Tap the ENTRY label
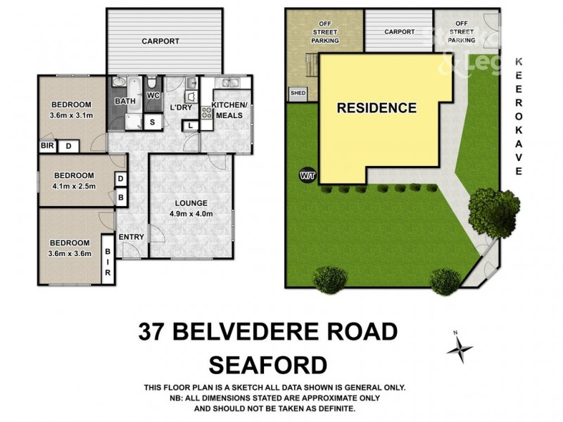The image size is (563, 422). click(131, 237)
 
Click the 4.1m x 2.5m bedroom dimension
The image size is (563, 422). click(71, 187)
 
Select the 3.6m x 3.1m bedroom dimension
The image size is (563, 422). click(71, 115)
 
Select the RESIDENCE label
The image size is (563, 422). click(377, 108)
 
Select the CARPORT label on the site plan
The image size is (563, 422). click(399, 32)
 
